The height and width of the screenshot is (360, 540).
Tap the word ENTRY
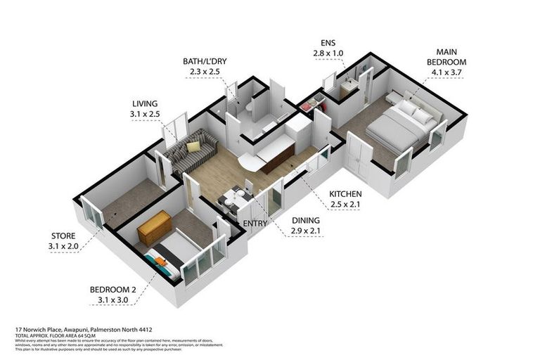tap(254, 224)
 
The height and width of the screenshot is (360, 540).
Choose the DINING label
tap(307, 220)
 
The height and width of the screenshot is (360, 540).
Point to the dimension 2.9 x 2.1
tap(307, 231)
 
